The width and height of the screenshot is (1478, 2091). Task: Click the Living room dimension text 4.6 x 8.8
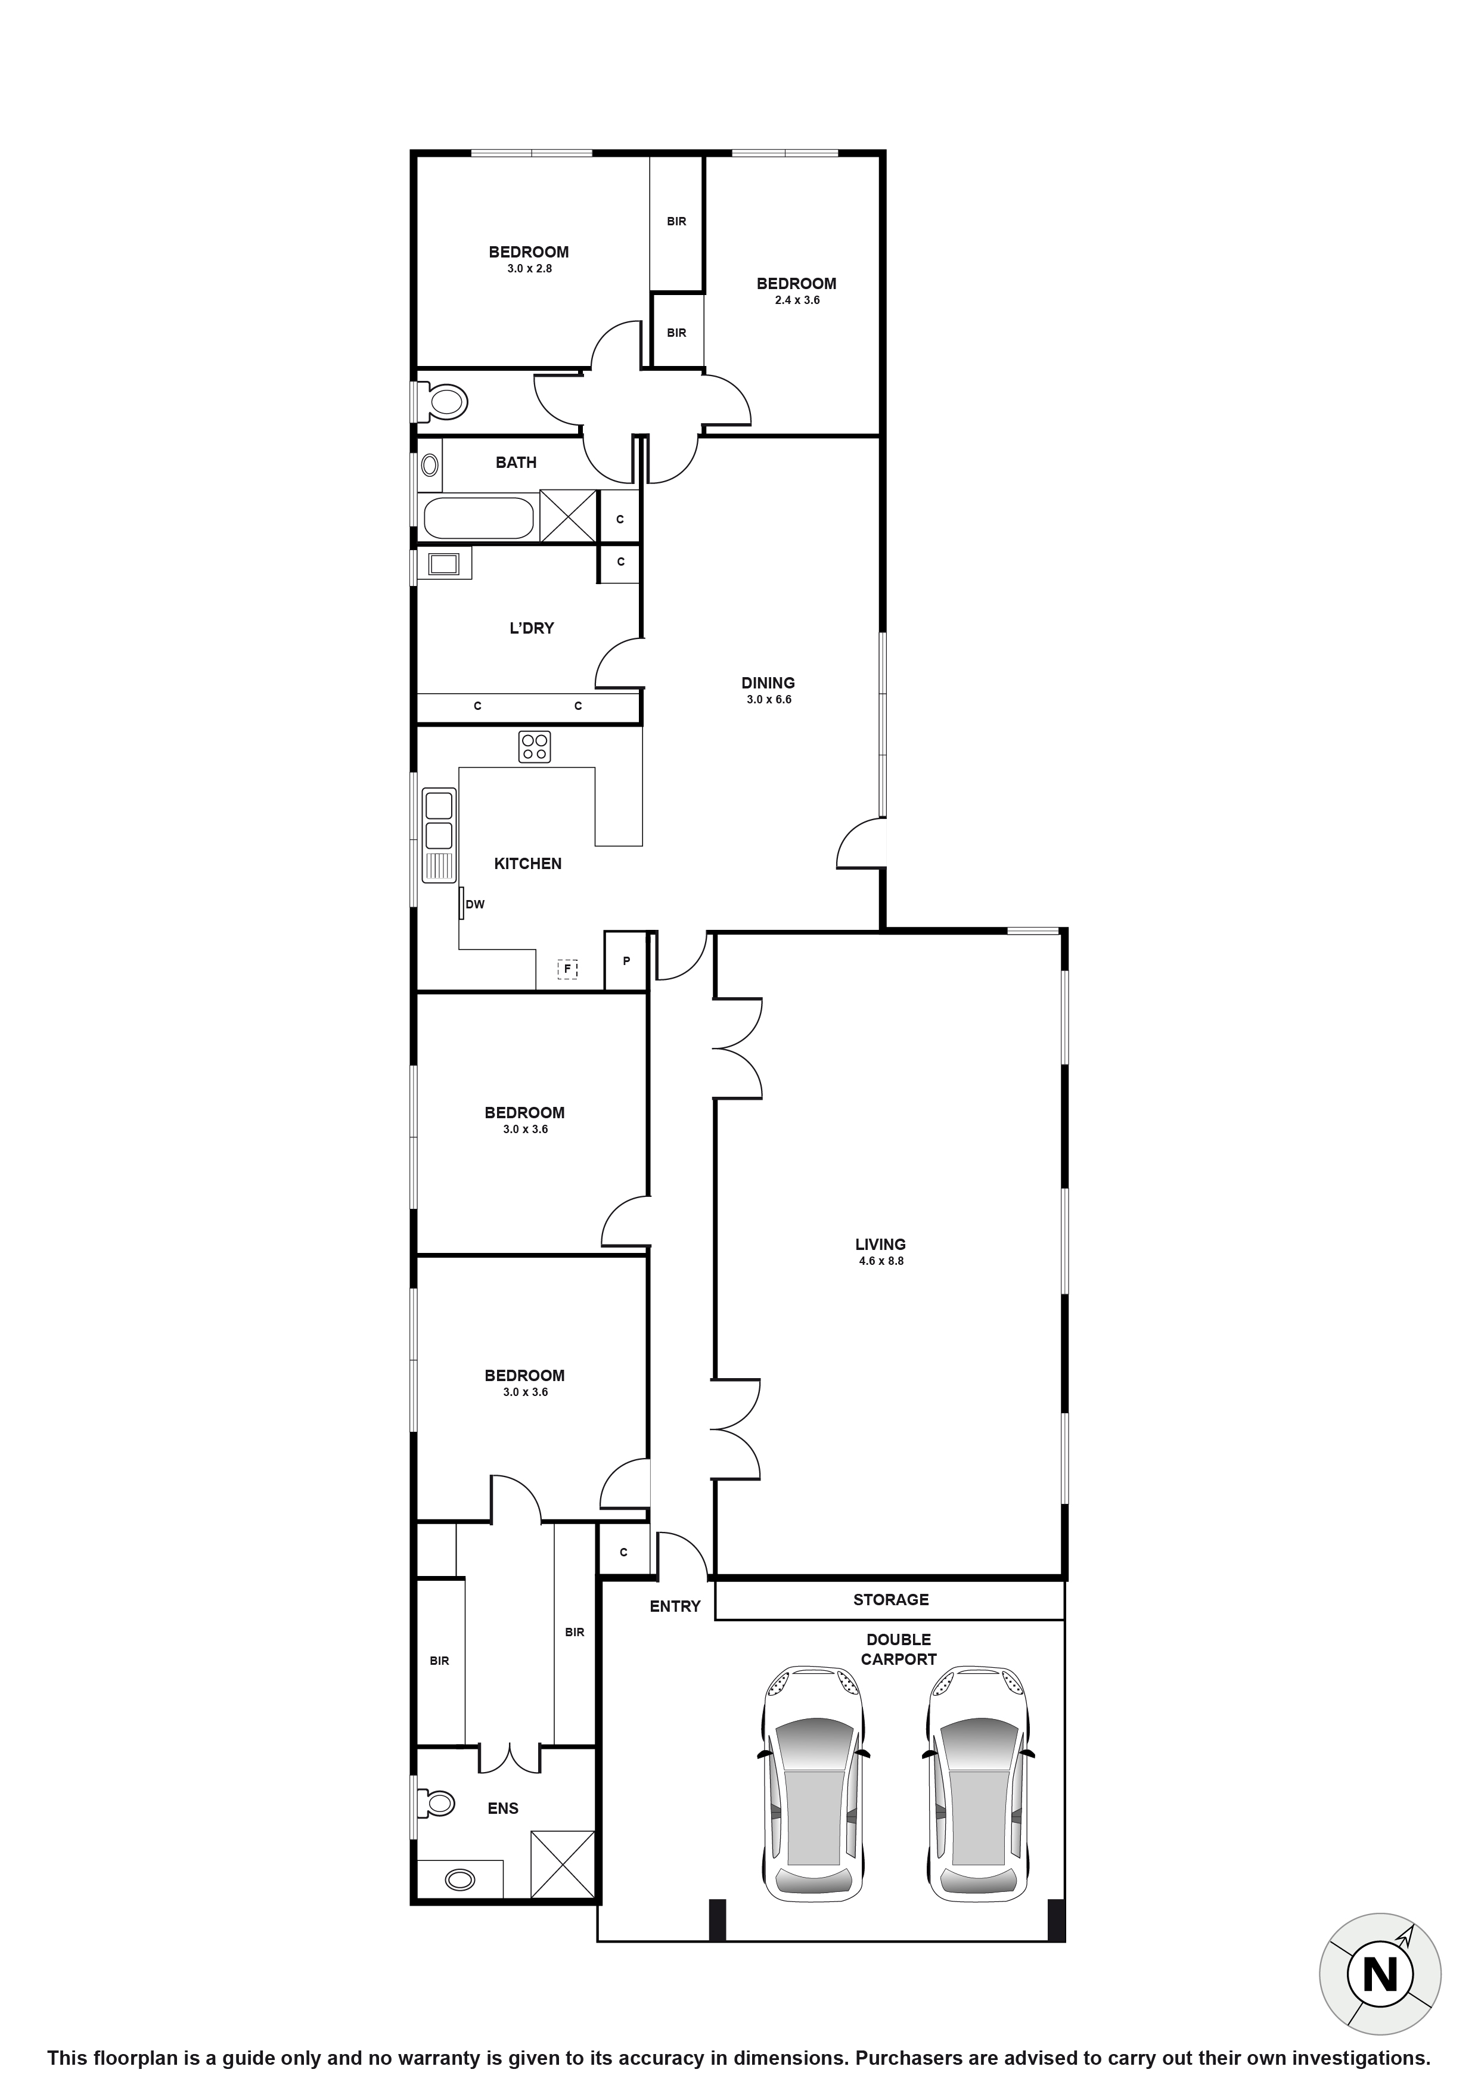(x=881, y=1261)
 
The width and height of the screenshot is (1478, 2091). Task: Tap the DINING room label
(x=767, y=683)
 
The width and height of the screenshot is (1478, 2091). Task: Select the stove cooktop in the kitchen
(x=535, y=747)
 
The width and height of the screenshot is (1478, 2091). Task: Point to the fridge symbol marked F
(x=567, y=969)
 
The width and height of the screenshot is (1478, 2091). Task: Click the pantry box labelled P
(x=626, y=961)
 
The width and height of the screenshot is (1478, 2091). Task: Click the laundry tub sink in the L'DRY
(x=443, y=564)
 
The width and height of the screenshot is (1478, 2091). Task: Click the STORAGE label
(x=890, y=1599)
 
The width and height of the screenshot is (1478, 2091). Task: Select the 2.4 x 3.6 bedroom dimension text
(x=797, y=300)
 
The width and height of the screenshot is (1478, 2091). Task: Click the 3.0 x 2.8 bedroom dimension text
(x=529, y=269)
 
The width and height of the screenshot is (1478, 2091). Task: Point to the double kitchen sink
(x=439, y=821)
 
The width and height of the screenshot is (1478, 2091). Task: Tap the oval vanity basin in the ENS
(x=461, y=1880)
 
